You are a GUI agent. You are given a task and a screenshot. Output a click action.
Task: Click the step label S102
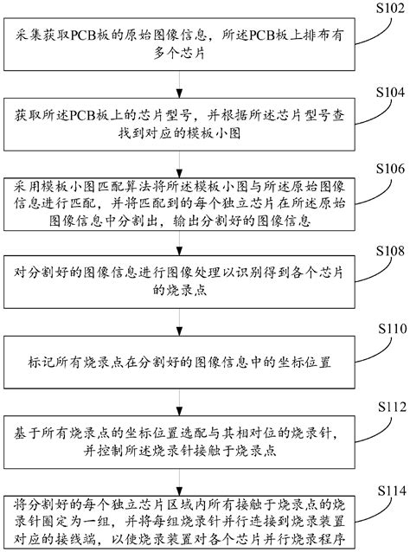383,9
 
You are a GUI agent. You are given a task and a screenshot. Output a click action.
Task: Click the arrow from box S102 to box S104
179,83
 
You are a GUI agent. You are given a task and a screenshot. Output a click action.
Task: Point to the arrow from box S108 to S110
179,320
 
